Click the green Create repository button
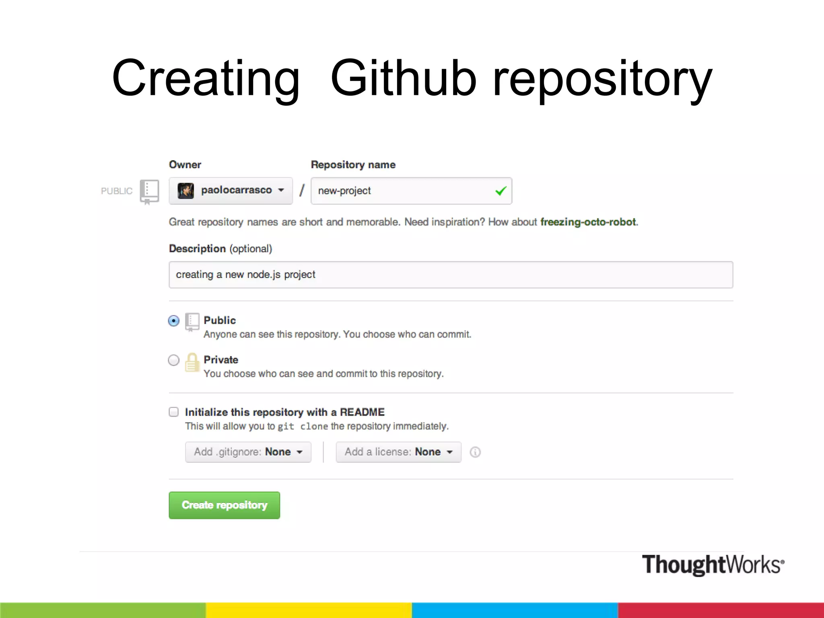pos(224,505)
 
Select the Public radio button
pos(174,321)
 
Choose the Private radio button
pos(174,360)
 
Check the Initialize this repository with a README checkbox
pos(174,412)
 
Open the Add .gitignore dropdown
pos(248,452)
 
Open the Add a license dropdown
pos(398,452)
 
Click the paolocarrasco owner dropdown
pos(231,191)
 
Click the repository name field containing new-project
pos(402,191)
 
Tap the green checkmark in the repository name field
pos(501,191)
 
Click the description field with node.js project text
pos(451,275)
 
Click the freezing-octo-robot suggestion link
pos(588,222)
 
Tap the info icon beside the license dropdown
pos(475,452)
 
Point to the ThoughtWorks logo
pos(713,564)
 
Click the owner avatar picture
pos(186,191)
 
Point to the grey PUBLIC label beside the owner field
pos(117,191)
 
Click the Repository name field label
pos(353,165)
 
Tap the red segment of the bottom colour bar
pos(721,610)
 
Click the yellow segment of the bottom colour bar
pos(309,610)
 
